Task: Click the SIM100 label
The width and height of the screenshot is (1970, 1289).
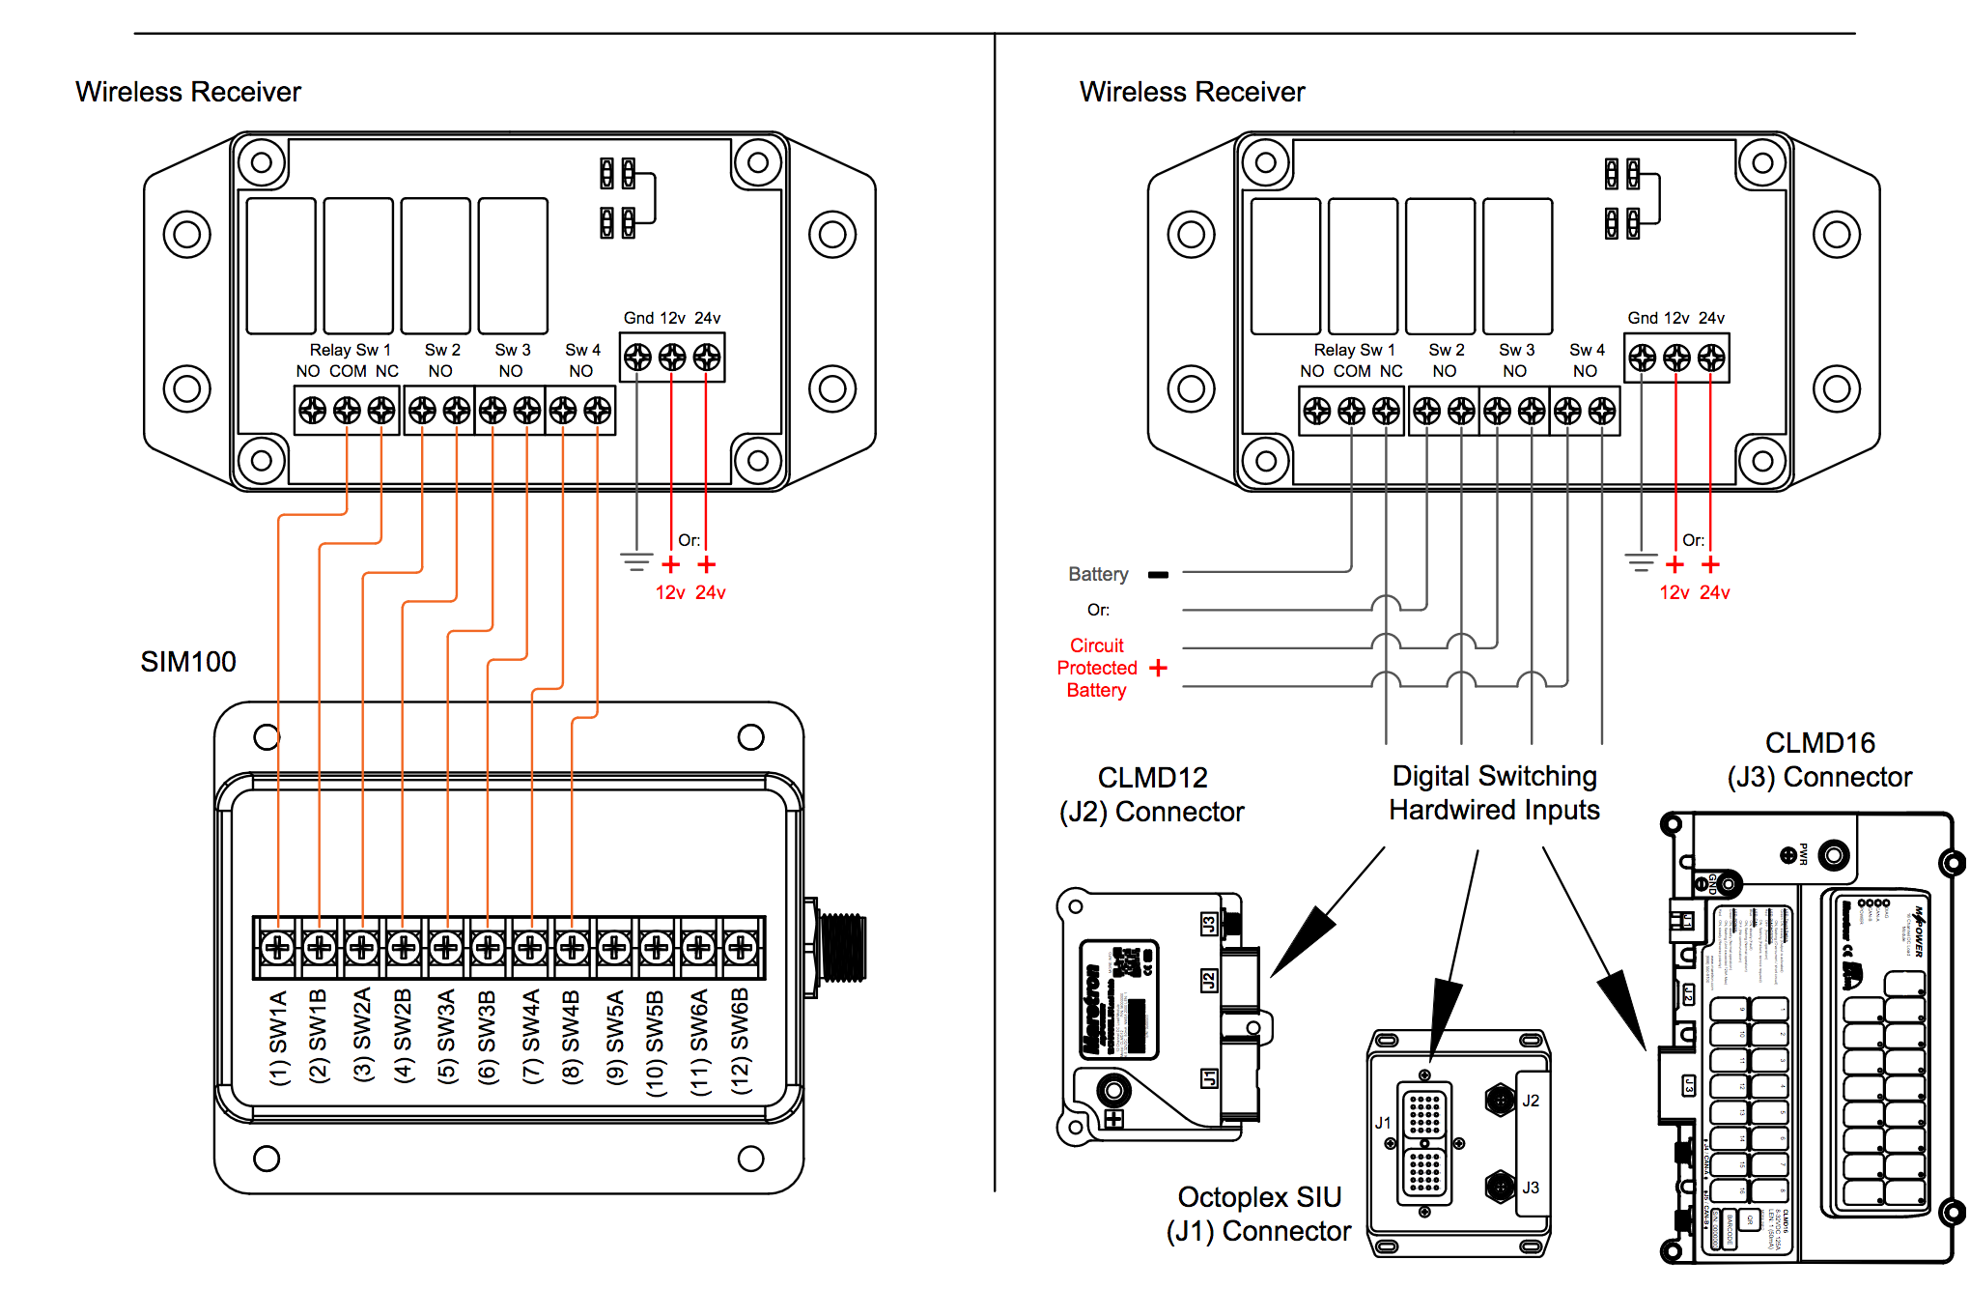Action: [188, 662]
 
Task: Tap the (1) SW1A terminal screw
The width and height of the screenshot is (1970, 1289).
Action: [278, 947]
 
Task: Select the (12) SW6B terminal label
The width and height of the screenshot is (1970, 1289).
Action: [741, 1040]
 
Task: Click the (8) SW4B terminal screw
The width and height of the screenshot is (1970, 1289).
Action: [572, 947]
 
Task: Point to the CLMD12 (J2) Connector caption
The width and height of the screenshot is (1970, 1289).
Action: [1151, 794]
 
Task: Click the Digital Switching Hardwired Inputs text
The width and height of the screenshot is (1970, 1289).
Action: [1494, 792]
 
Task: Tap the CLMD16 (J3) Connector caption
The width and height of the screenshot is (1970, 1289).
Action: [1819, 759]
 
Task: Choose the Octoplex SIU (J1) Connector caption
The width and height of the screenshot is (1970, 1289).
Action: [1259, 1214]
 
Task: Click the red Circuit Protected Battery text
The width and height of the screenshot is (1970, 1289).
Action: [1097, 668]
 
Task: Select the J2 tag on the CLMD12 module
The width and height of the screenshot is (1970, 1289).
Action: [1208, 981]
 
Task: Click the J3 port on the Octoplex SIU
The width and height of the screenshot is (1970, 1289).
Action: [1500, 1186]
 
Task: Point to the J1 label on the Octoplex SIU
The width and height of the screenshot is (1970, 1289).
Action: [1383, 1123]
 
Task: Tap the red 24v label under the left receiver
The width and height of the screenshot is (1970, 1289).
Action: [711, 592]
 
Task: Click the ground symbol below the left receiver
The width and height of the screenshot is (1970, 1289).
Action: [636, 560]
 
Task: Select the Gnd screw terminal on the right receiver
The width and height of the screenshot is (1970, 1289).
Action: [1642, 358]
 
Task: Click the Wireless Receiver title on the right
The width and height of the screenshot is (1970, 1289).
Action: [1192, 92]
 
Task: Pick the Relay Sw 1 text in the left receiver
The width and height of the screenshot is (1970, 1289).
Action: [350, 350]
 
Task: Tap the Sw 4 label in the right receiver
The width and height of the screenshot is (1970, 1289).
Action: [1587, 350]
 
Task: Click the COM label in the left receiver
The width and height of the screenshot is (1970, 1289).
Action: [348, 371]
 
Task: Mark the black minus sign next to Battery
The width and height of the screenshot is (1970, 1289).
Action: [1158, 575]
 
